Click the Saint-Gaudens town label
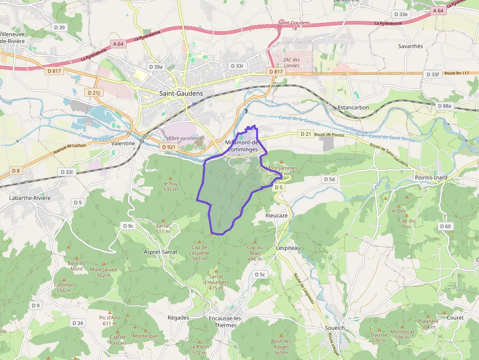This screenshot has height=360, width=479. [181, 93]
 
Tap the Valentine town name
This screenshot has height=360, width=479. [123, 144]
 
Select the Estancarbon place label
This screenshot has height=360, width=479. [353, 107]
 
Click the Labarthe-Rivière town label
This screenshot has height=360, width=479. [29, 198]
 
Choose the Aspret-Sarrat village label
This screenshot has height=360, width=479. [160, 252]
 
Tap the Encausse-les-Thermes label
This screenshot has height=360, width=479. [225, 322]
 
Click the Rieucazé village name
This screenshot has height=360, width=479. [277, 215]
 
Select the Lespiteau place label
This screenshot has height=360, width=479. [288, 248]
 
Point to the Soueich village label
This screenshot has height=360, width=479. [335, 328]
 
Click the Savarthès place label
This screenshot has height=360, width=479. [410, 46]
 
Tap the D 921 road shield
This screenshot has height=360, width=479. [169, 147]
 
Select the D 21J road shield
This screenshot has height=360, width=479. [93, 92]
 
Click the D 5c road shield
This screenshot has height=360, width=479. [260, 275]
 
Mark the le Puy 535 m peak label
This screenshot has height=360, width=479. [170, 186]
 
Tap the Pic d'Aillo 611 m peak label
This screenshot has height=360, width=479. [109, 320]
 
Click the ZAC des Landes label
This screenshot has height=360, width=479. [291, 63]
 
